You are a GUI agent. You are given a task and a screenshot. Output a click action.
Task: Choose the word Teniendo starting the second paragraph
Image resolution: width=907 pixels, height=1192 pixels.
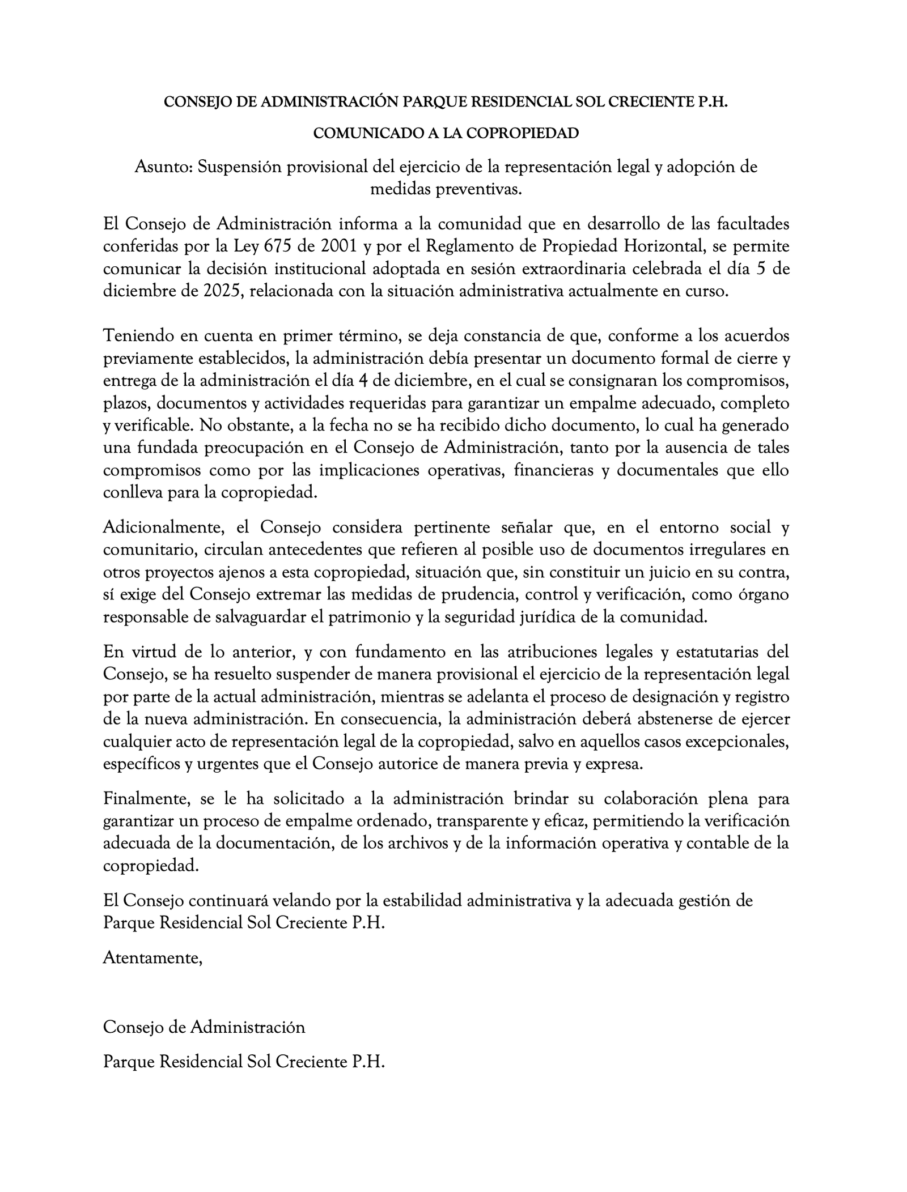pos(138,336)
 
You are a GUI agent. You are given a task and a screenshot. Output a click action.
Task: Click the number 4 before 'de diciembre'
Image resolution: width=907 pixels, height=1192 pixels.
pos(365,381)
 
